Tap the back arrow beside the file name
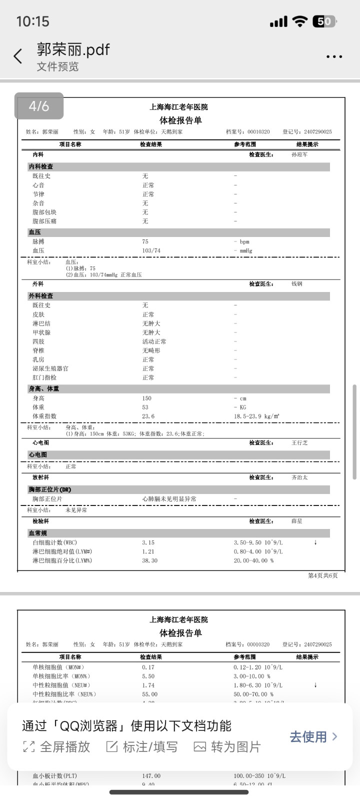[x=18, y=56]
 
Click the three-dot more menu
[x=334, y=56]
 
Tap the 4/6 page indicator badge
[x=39, y=106]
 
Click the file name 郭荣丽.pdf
[x=73, y=49]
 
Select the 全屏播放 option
[x=56, y=746]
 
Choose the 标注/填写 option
[x=142, y=746]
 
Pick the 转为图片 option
[x=227, y=746]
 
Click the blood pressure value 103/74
[x=151, y=250]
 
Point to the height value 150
[x=146, y=398]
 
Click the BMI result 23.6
[x=148, y=416]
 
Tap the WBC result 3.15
[x=148, y=542]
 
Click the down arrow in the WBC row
[x=315, y=542]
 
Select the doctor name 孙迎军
[x=299, y=155]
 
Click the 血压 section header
[x=35, y=232]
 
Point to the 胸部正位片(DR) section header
[x=50, y=489]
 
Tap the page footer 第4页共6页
[x=322, y=575]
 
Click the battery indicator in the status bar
[x=324, y=21]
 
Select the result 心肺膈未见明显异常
[x=169, y=499]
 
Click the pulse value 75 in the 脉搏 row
[x=145, y=241]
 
